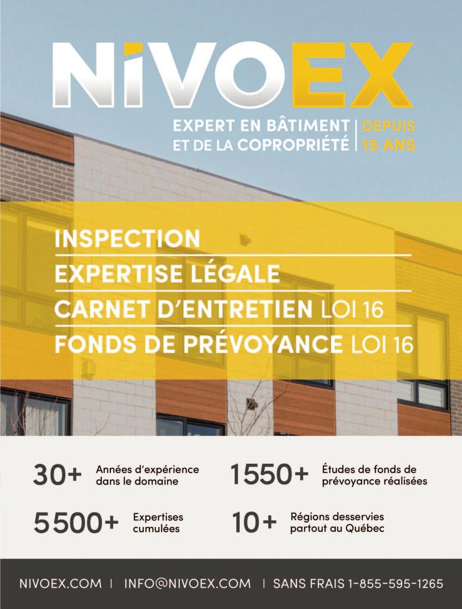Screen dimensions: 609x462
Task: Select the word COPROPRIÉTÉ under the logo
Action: point(293,145)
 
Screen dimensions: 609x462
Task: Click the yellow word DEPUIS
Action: point(388,126)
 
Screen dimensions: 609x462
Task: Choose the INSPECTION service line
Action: point(127,238)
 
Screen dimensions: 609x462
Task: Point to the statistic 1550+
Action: point(269,474)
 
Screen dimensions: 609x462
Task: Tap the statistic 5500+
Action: point(76,523)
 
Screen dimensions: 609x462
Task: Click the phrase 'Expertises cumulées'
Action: point(158,522)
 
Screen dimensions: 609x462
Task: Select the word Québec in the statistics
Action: point(365,528)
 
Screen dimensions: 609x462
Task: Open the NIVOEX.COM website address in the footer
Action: point(60,584)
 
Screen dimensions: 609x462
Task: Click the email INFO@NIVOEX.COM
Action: point(187,584)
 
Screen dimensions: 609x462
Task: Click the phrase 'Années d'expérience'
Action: point(147,469)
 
